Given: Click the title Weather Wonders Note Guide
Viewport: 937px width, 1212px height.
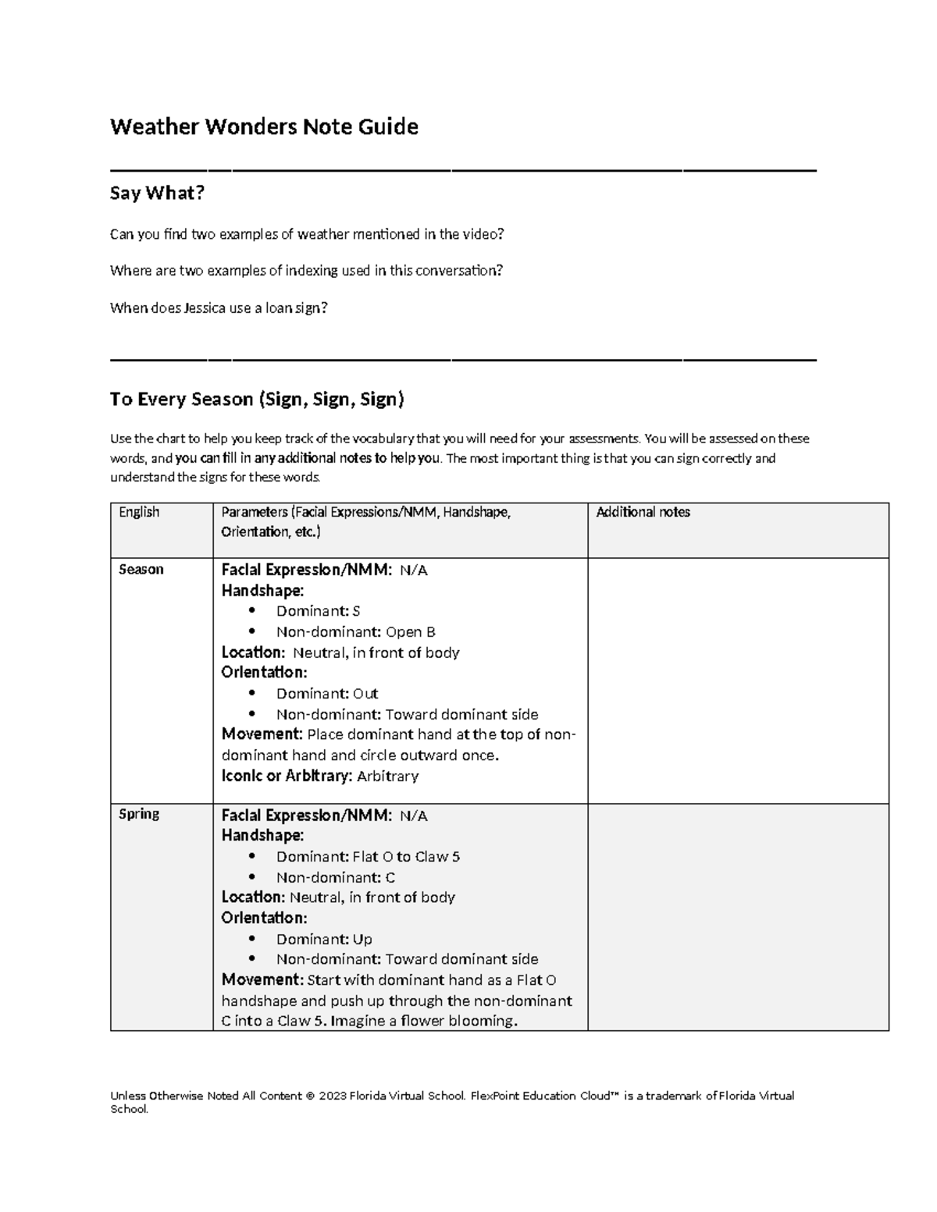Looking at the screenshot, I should point(264,126).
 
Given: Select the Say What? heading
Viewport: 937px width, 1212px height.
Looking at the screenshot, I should point(157,193).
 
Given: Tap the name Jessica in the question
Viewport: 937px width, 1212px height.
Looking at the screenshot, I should point(204,308).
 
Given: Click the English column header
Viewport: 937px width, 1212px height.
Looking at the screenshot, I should point(139,512).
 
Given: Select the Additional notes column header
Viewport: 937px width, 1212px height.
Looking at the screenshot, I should point(643,512).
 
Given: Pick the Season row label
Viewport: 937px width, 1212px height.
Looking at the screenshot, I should point(141,570).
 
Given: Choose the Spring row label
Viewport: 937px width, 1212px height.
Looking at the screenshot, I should point(139,814).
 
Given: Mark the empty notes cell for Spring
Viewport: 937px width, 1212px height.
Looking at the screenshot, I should point(738,917).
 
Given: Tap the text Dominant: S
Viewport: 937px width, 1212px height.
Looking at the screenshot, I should point(318,611).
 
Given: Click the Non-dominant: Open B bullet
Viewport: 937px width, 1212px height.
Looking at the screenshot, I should point(355,632).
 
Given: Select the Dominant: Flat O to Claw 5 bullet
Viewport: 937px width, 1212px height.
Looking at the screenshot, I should point(368,857).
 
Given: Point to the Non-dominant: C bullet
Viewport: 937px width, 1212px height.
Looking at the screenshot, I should point(336,877).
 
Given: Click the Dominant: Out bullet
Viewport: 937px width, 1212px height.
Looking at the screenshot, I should point(327,694).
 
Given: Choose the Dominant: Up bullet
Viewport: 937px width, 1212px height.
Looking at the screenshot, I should point(324,939).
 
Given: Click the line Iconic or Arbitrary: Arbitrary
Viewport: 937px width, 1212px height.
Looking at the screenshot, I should point(320,776).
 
